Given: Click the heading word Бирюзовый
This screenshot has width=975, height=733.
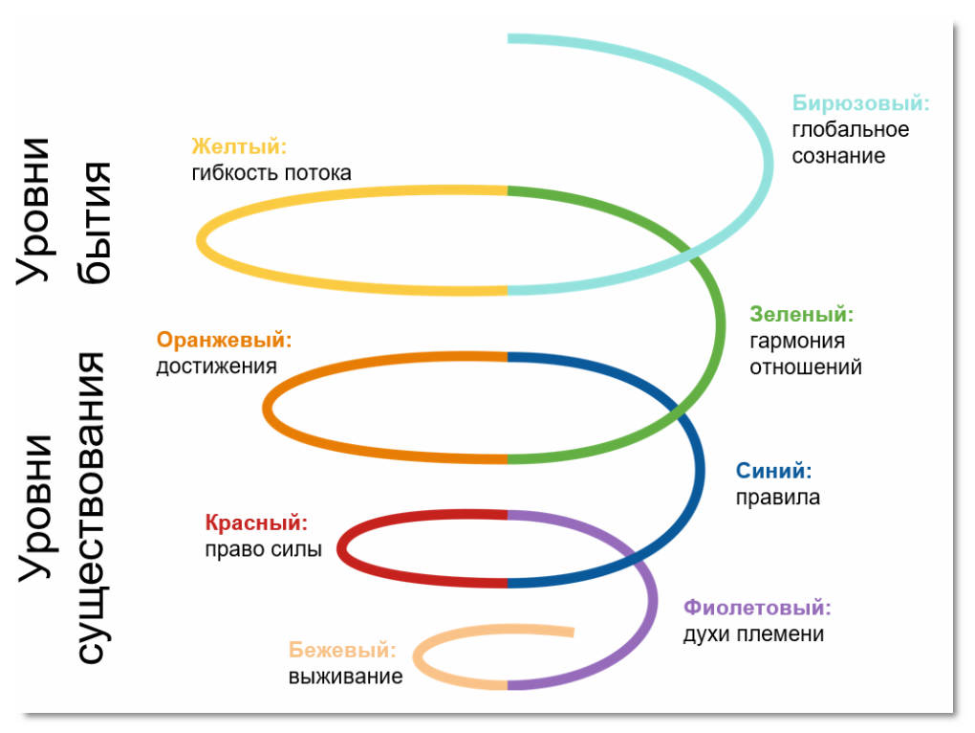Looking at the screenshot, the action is pyautogui.click(x=860, y=103).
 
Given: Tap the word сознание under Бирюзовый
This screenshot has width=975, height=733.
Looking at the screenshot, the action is pyautogui.click(x=838, y=156).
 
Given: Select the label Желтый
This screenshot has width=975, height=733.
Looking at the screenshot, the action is pyautogui.click(x=239, y=146).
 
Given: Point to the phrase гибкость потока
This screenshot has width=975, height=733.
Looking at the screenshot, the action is pyautogui.click(x=271, y=173).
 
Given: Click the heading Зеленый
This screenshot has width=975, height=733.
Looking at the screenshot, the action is pyautogui.click(x=801, y=314).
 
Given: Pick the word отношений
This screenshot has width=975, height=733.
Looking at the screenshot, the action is pyautogui.click(x=805, y=367).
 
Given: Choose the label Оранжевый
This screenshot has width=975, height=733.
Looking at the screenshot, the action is pyautogui.click(x=224, y=340).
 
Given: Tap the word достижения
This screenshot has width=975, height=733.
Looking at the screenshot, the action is pyautogui.click(x=216, y=366).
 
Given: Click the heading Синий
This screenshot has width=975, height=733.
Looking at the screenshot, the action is pyautogui.click(x=773, y=471).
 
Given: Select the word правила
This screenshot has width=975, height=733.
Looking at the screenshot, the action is pyautogui.click(x=777, y=498).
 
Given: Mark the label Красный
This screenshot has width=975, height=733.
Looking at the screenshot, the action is pyautogui.click(x=257, y=523).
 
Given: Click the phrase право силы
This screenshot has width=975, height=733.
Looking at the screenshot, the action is pyautogui.click(x=263, y=550).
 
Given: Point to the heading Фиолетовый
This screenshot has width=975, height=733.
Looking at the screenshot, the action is pyautogui.click(x=757, y=608).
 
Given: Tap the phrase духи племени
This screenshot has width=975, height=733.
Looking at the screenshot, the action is pyautogui.click(x=753, y=634).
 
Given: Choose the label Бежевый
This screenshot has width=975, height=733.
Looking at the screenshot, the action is pyautogui.click(x=341, y=651).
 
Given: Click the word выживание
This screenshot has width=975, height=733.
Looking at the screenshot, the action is pyautogui.click(x=345, y=677).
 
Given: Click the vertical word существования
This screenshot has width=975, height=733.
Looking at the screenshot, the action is pyautogui.click(x=93, y=507).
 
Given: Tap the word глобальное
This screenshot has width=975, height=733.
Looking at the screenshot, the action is pyautogui.click(x=850, y=129).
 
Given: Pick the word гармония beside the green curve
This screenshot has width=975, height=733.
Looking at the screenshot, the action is pyautogui.click(x=796, y=341).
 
